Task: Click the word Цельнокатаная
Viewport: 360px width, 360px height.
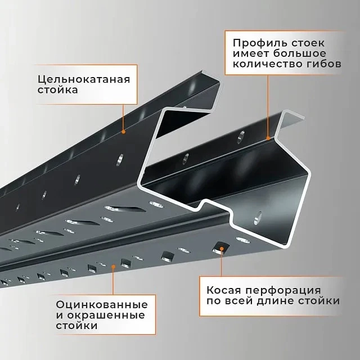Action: (84, 80)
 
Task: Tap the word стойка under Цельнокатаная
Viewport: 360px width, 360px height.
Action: (57, 90)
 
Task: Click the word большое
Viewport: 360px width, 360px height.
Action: (300, 54)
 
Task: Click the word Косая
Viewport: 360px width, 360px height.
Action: (224, 290)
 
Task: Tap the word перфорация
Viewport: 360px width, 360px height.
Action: (283, 291)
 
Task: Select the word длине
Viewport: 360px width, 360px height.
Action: (276, 301)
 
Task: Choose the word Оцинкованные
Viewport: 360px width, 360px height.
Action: (102, 305)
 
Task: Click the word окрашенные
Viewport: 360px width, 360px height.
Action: (106, 315)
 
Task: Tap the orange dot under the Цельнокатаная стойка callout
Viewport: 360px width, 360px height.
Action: (124, 132)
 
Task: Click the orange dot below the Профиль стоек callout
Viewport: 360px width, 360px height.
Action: (268, 138)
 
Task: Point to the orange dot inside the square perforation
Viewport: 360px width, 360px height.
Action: (222, 249)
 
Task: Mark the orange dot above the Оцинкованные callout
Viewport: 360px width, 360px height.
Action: (113, 266)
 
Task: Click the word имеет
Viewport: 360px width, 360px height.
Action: (251, 54)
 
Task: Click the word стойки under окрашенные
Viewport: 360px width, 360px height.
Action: (76, 326)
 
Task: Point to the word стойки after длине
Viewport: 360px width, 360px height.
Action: (319, 301)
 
